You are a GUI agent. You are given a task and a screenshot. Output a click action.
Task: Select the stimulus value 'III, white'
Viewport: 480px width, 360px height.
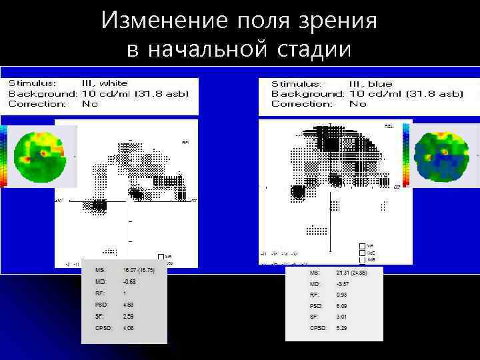(x=105, y=83)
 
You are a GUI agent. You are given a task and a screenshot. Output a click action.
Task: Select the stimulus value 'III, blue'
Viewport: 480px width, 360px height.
(x=371, y=84)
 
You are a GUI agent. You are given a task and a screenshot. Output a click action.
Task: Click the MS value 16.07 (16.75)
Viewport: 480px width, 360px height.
(x=139, y=270)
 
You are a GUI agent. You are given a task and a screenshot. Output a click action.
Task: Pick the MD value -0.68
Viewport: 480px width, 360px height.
(x=129, y=281)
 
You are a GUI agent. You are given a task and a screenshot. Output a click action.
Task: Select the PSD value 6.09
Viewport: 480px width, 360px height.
(x=341, y=306)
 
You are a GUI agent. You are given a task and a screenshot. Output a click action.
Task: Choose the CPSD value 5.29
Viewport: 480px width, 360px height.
(x=341, y=328)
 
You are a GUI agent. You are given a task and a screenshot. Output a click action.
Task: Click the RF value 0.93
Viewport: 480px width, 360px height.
(x=341, y=295)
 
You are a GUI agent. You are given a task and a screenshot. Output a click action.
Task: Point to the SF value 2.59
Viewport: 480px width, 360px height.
(x=129, y=316)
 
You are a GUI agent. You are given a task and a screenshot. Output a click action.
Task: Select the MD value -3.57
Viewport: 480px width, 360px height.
(x=343, y=284)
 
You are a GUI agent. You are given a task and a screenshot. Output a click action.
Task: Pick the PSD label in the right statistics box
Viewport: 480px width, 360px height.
(x=316, y=306)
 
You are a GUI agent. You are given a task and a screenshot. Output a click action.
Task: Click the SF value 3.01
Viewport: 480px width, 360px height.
(x=341, y=317)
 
